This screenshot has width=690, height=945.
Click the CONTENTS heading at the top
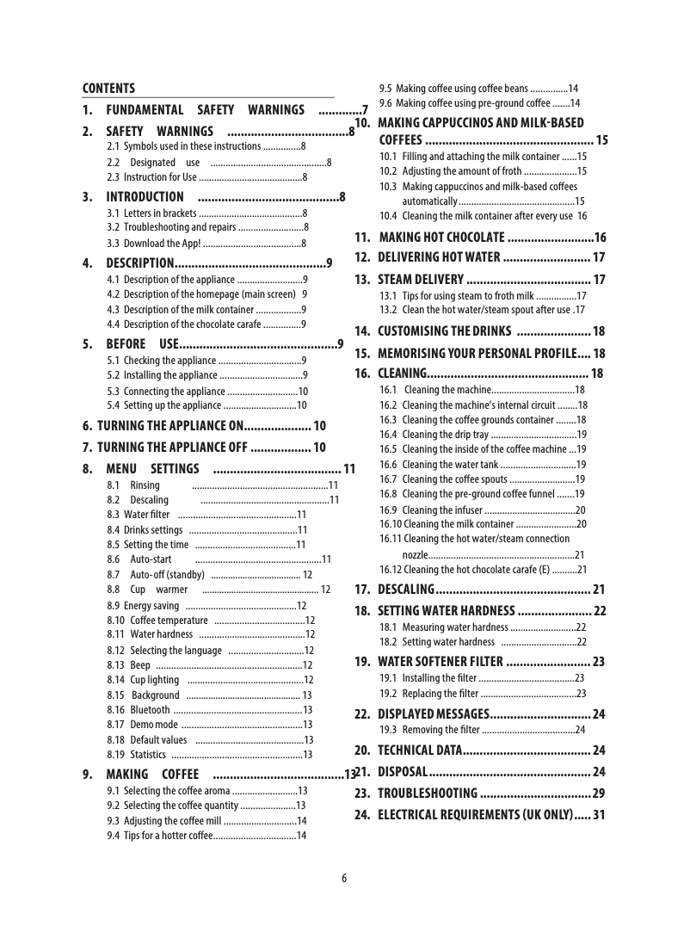[108, 89]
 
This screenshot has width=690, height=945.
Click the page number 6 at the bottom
[344, 878]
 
